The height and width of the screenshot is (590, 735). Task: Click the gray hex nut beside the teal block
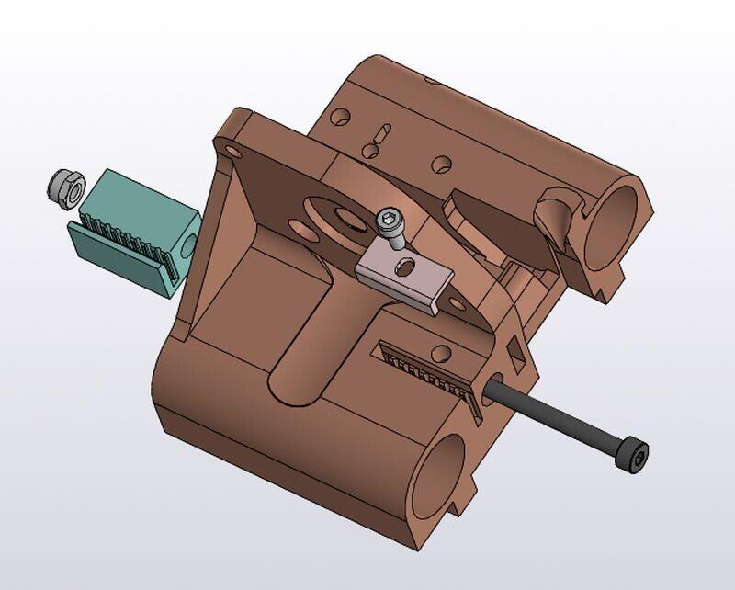click(x=62, y=187)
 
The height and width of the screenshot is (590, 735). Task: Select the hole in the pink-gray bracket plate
click(x=402, y=267)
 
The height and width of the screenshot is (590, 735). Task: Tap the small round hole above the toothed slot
click(x=444, y=352)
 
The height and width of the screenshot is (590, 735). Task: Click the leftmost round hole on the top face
click(x=340, y=119)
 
